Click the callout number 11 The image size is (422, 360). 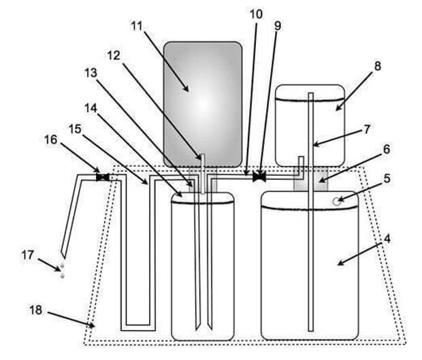pos(137,26)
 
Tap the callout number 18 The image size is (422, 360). pos(36,310)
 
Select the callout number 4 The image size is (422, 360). pos(387,238)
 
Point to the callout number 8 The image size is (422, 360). pos(378,66)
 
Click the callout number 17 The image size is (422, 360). pos(28,255)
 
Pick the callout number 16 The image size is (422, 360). pos(51,140)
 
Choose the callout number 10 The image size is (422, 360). pos(256,14)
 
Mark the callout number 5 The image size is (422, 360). pos(387,178)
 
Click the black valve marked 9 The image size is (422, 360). pos(259,177)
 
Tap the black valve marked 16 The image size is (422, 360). pos(103,177)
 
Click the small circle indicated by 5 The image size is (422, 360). pos(336,201)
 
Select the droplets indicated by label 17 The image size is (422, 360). pos(63,270)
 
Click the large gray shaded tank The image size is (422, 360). pos(203,104)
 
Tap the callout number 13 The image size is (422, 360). pos(91,73)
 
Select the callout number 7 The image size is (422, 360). pos(367,129)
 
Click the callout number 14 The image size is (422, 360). pos(91,108)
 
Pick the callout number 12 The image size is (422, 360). pos(114,56)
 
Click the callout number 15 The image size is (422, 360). pos(75,129)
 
